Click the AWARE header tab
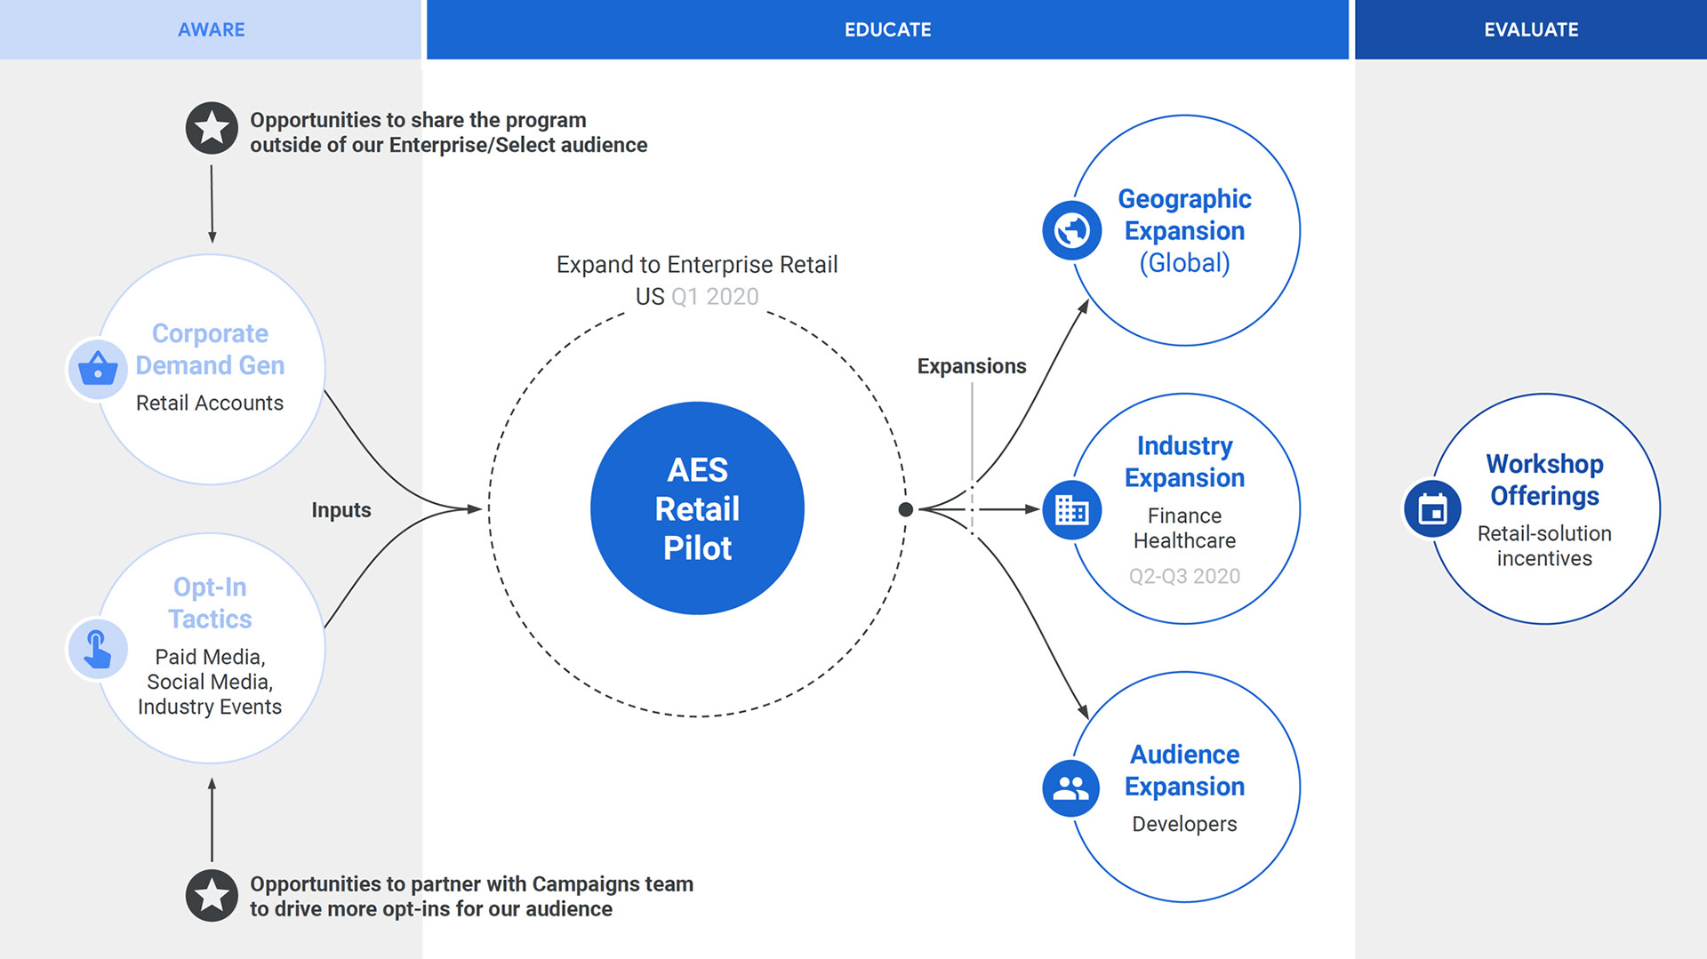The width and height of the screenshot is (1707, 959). click(x=211, y=29)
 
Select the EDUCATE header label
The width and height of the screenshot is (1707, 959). click(x=887, y=29)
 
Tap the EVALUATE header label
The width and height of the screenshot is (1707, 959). click(x=1531, y=29)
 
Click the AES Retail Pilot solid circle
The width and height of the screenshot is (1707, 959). click(x=697, y=508)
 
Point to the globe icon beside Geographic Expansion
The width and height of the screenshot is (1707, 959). click(x=1072, y=231)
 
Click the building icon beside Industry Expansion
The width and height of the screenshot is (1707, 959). click(x=1072, y=510)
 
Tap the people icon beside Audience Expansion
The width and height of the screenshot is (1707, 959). click(x=1071, y=788)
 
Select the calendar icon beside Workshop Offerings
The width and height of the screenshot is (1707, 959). click(x=1432, y=509)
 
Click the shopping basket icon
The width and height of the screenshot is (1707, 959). click(x=98, y=369)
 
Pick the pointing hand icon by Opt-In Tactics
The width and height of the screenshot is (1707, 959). click(x=98, y=649)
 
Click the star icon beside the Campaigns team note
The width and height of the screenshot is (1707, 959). click(x=212, y=895)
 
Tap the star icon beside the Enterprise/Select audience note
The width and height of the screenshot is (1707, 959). click(x=212, y=128)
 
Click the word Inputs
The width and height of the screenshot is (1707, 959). click(x=341, y=510)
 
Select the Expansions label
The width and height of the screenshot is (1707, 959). click(x=972, y=366)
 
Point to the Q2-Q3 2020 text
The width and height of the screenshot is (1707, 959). click(x=1184, y=576)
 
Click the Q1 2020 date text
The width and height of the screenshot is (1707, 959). click(x=715, y=297)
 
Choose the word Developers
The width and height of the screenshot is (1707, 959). click(x=1184, y=824)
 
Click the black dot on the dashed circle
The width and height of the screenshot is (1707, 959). click(x=906, y=509)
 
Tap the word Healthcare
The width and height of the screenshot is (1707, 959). click(x=1184, y=540)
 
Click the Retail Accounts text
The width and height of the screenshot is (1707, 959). click(x=210, y=403)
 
